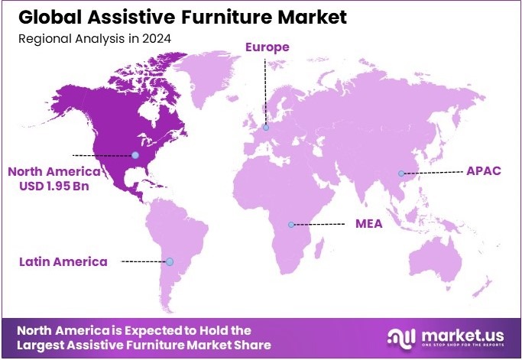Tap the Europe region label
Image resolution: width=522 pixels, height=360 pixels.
[x=267, y=47]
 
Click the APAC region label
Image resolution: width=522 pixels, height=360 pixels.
[x=483, y=170]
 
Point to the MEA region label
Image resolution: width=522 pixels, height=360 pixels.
[x=368, y=224]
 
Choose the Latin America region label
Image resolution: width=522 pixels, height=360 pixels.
[x=63, y=261]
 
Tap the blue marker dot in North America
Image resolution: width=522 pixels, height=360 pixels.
[x=135, y=155]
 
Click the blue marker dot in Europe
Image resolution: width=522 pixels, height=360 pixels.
[x=266, y=128]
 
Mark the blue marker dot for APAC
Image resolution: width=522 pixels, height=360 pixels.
[x=401, y=174]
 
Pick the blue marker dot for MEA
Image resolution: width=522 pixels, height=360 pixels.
[x=291, y=225]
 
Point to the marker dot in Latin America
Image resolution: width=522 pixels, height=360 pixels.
[x=170, y=261]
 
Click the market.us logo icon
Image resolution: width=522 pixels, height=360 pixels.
[x=402, y=336]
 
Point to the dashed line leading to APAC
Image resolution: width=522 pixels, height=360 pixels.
[x=434, y=171]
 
